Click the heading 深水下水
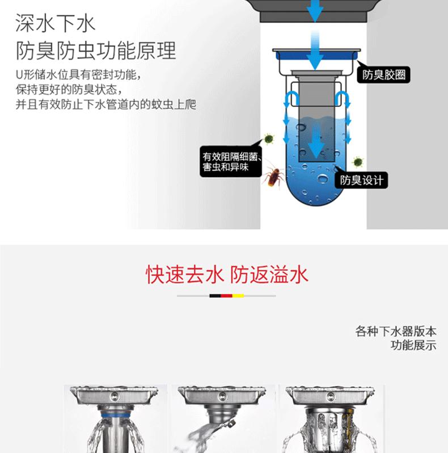pos(55,23)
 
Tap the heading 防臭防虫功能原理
pos(95,51)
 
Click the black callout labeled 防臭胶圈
pos(383,75)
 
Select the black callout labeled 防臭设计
pos(361,181)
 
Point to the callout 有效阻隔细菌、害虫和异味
pos(231,161)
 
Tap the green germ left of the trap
pos(269,139)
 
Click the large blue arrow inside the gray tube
pos(316,142)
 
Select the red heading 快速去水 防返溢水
pos(227,275)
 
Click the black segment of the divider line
pos(215,296)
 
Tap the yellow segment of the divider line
pos(238,296)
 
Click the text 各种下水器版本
pos(396,331)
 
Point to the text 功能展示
pos(413,345)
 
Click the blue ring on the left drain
pos(115,416)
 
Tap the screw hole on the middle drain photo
pos(222,396)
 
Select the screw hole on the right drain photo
pos(331,396)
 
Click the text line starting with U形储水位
pos(78,74)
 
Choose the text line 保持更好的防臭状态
pos(69,89)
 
